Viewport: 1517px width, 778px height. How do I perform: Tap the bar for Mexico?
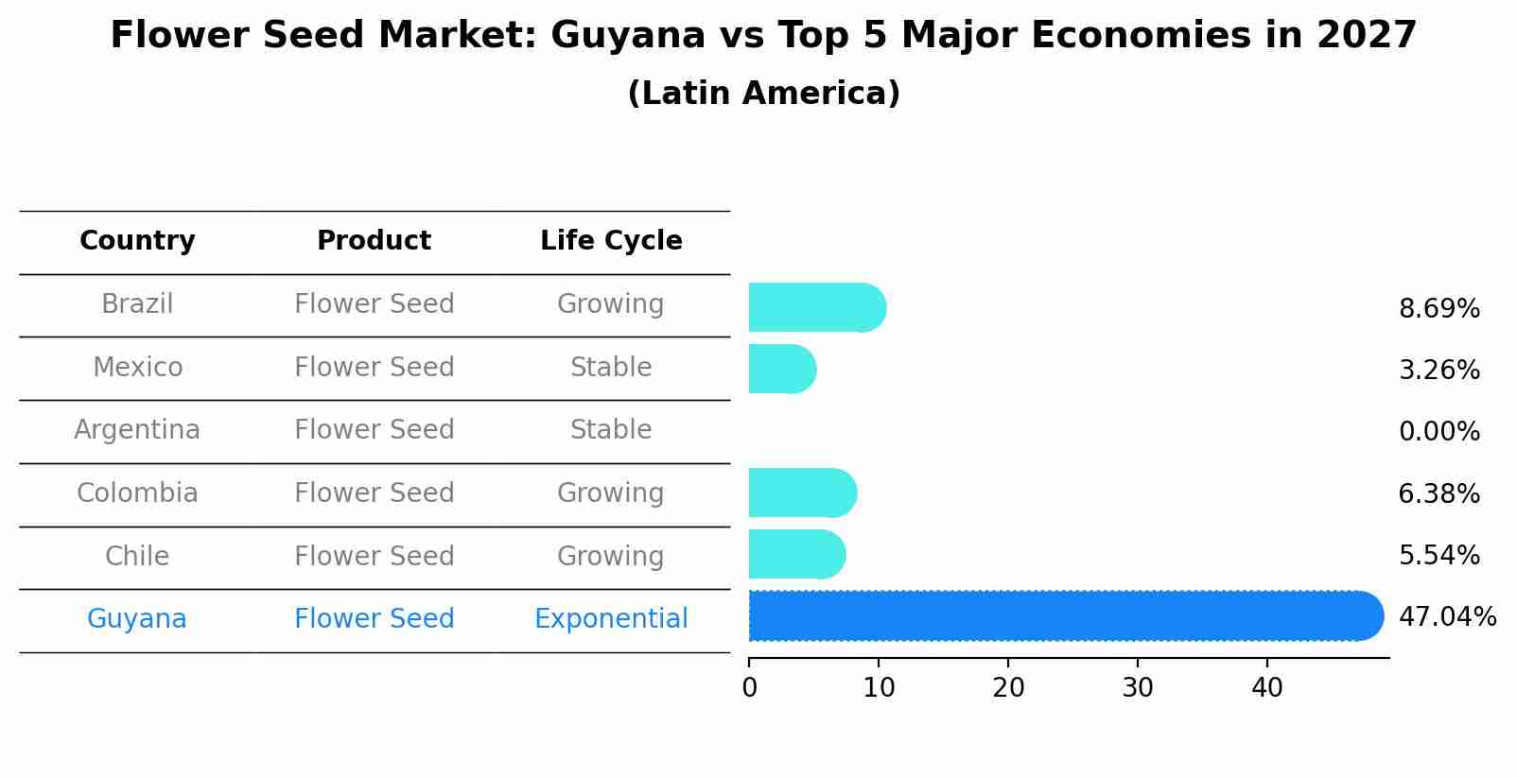(781, 369)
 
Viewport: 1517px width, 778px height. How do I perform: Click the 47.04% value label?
(1447, 617)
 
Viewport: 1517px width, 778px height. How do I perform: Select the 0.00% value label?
(1439, 432)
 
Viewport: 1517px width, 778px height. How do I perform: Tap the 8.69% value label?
(1439, 309)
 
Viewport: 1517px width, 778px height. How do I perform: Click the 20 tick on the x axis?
(1008, 688)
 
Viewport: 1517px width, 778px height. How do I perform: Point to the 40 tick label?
(1266, 688)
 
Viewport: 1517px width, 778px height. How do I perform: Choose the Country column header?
(137, 241)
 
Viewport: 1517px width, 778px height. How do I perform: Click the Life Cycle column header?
(611, 241)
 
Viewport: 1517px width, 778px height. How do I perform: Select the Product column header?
(374, 241)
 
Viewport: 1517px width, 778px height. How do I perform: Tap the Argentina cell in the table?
(137, 430)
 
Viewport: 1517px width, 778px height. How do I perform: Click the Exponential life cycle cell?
(611, 619)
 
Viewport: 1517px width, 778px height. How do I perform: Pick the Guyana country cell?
(137, 619)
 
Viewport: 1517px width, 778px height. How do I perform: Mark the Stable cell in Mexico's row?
(611, 367)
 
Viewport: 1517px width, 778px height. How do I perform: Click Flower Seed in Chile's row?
(374, 556)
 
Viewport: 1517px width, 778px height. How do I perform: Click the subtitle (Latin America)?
(763, 94)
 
